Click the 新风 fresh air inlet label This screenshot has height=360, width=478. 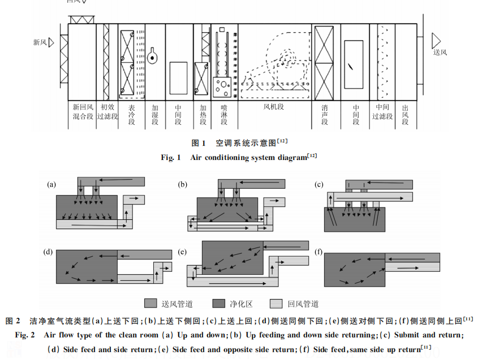point(40,42)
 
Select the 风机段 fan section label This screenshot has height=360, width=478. point(273,106)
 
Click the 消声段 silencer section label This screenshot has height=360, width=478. point(324,114)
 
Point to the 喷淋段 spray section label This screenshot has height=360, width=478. point(223,114)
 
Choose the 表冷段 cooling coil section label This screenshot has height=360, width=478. point(132,114)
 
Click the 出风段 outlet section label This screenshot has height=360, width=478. point(405,114)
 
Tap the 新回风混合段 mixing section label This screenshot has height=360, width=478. point(83,111)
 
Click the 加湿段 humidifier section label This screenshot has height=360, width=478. point(154,114)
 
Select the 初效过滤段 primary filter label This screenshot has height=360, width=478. point(107,111)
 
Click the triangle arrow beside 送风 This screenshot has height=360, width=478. point(436,40)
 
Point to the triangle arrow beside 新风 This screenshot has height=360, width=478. point(50,42)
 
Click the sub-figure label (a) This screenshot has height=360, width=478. point(51,184)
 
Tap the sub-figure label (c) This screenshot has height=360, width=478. point(319,184)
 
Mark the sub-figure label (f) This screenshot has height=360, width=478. point(318,251)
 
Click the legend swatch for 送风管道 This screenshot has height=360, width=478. point(150,303)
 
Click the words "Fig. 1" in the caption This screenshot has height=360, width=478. point(170,158)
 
